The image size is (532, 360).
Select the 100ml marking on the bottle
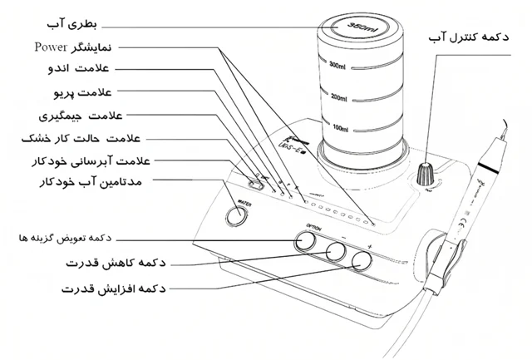click(x=338, y=130)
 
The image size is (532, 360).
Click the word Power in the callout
click(x=51, y=46)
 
